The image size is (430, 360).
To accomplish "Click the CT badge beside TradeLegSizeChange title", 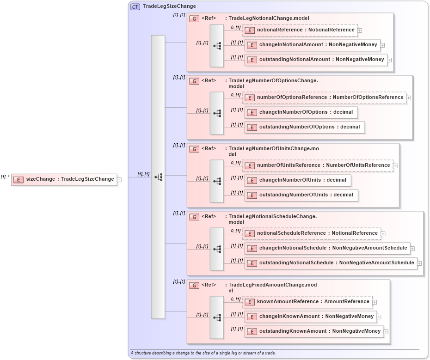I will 135,6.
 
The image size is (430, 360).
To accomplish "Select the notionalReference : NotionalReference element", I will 300,30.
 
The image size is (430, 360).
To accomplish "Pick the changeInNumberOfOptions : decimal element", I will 301,112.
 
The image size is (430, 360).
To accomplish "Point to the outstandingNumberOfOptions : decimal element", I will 305,127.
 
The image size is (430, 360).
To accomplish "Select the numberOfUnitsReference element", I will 318,165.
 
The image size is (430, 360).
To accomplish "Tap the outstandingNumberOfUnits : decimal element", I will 301,195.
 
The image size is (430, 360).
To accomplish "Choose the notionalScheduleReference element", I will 312,233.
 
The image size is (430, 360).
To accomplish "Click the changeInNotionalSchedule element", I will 327,248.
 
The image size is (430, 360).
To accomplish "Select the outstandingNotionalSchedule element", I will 331,263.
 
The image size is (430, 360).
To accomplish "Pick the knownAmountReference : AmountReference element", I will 307,302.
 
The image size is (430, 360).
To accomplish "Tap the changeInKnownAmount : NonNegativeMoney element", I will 311,317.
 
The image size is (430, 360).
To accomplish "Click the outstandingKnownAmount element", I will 314,331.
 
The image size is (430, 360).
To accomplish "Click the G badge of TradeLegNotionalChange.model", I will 195,18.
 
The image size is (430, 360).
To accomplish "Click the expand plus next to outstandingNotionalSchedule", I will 420,263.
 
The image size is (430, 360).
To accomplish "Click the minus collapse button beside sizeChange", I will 119,180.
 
